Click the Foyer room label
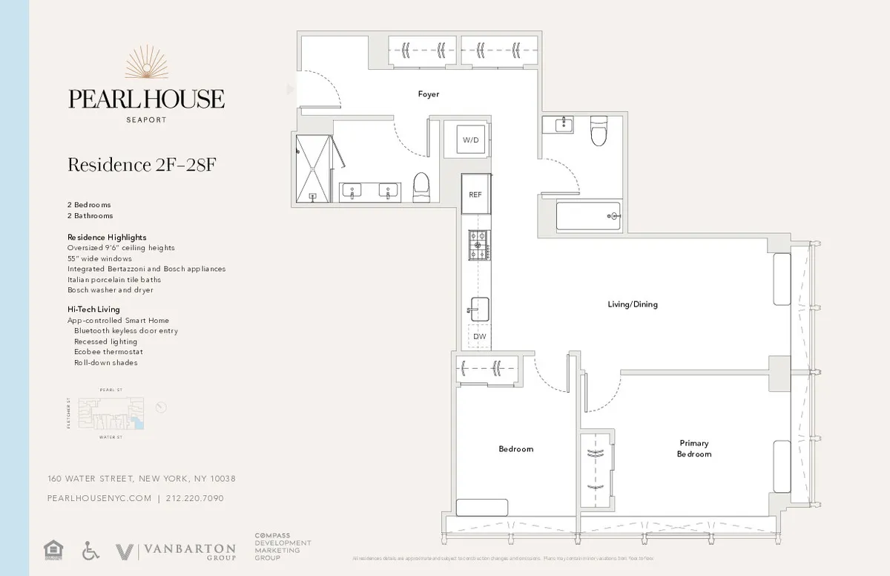(x=428, y=94)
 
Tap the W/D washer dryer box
(x=470, y=140)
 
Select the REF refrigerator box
(x=475, y=194)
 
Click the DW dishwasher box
(x=479, y=337)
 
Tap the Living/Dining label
(x=632, y=304)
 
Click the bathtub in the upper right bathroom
(x=588, y=216)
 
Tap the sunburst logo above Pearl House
(x=146, y=63)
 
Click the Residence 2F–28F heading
(x=141, y=165)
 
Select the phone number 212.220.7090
(x=194, y=499)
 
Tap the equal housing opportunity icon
(x=53, y=550)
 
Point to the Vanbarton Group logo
(x=176, y=552)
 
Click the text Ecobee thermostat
(x=108, y=352)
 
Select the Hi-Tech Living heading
(x=93, y=309)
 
